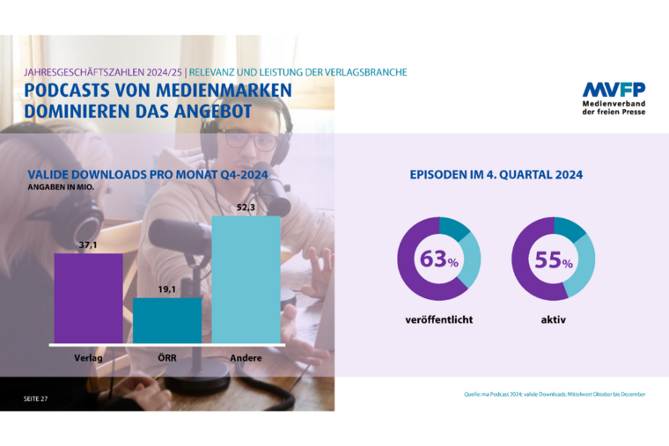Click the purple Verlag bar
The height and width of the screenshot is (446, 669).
88,297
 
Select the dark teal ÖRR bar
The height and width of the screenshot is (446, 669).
167,319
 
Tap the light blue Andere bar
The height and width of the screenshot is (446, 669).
246,279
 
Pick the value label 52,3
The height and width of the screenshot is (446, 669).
246,208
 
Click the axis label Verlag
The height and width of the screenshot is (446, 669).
88,358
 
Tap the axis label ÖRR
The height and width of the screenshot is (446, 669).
167,358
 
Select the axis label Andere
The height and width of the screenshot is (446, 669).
246,358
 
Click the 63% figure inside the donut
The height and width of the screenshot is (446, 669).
438,260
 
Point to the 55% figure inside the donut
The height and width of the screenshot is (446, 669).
553,260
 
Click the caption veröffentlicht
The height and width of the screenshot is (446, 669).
438,319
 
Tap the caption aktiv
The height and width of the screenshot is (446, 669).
553,319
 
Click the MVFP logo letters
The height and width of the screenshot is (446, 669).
613,90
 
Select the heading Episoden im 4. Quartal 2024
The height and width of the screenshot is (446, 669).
496,174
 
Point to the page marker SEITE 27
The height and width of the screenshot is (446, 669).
38,398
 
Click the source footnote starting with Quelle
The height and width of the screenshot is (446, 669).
555,394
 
